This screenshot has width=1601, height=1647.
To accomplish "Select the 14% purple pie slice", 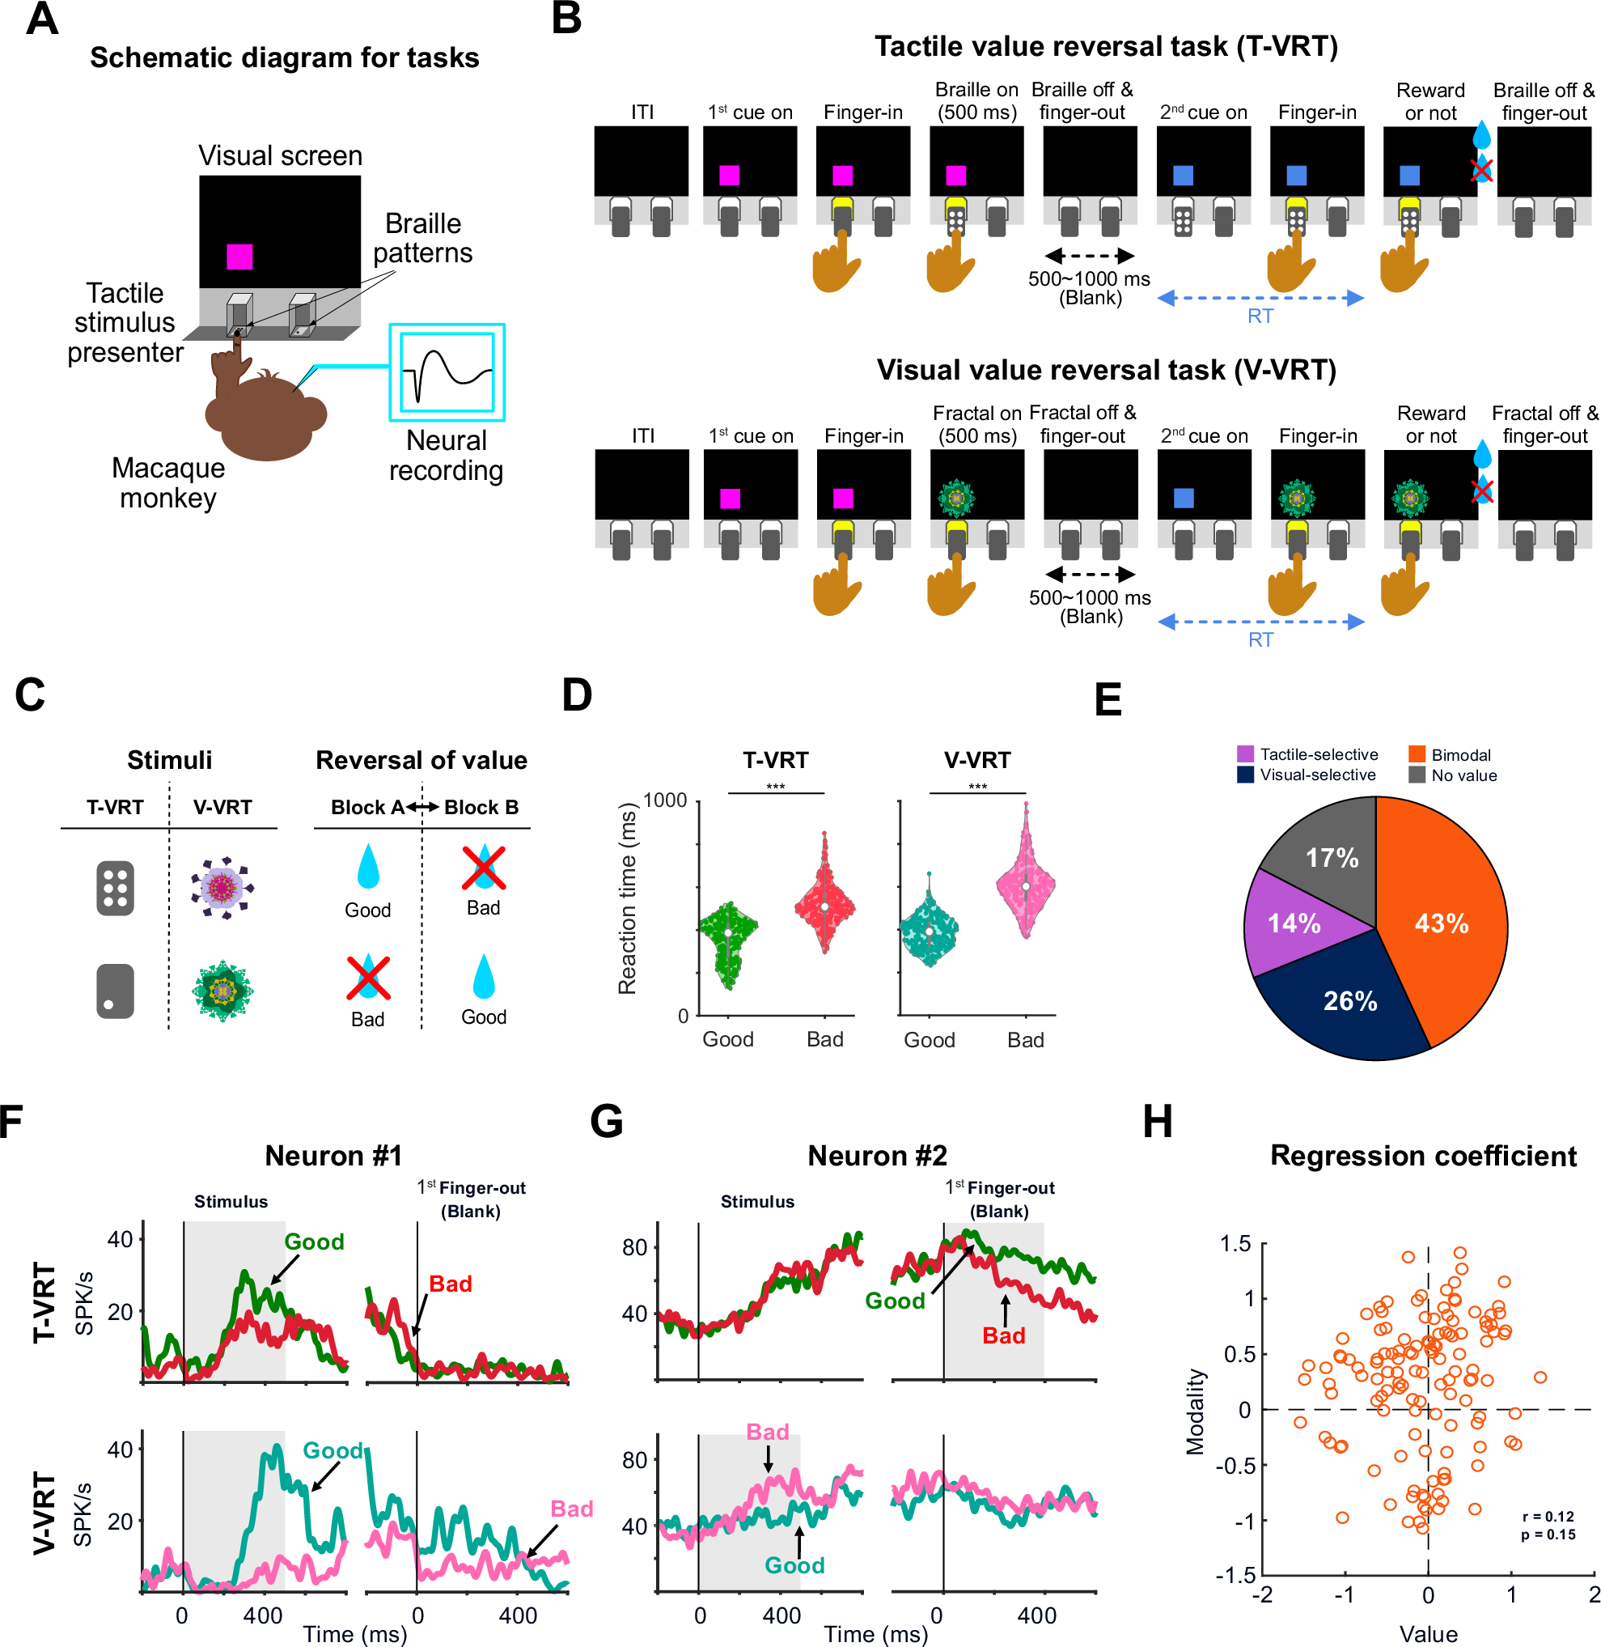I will [1295, 923].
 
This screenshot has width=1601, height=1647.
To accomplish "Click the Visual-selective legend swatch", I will [1245, 774].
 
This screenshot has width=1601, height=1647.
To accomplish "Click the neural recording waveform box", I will [447, 371].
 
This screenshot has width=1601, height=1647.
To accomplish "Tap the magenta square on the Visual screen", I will [239, 256].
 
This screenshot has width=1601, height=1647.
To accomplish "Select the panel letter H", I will [1157, 1121].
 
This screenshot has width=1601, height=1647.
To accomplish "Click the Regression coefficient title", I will [1423, 1156].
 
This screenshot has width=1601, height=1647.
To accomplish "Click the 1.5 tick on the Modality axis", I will [1235, 1244].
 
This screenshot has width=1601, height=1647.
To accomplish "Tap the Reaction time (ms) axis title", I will [627, 898].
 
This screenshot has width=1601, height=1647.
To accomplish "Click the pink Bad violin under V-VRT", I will [1026, 887].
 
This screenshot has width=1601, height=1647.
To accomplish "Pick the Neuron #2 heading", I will [877, 1156].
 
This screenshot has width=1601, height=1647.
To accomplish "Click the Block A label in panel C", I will [367, 808].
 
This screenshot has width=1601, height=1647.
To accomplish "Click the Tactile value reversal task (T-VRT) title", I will [1106, 46].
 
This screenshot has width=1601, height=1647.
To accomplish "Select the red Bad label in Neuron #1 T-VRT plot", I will [451, 1284].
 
